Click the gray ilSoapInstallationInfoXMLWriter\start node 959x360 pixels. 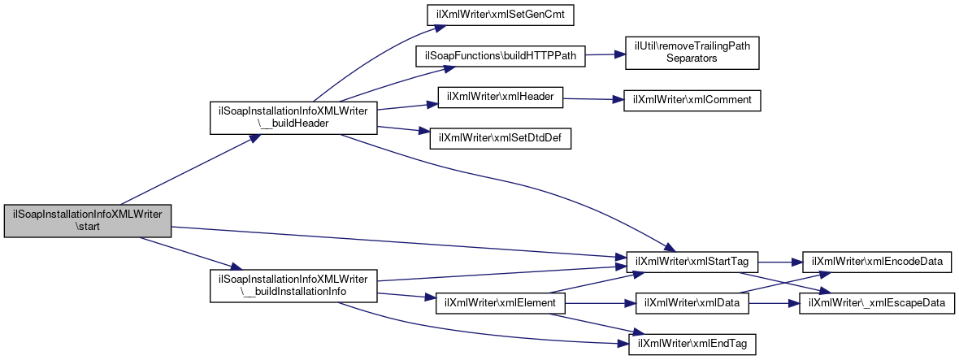coord(88,221)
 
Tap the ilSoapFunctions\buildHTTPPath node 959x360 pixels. coord(500,55)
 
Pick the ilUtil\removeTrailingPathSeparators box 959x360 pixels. coord(692,53)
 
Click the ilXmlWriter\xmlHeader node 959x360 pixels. coord(500,98)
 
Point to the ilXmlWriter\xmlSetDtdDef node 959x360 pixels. coord(501,139)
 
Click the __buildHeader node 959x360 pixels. coord(293,118)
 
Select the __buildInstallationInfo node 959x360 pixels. coord(293,285)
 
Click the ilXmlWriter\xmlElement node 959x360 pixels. coord(501,304)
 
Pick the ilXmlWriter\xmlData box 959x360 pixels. coord(692,304)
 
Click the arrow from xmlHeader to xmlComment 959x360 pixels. coord(592,98)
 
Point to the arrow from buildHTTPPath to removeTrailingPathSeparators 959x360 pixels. coord(605,55)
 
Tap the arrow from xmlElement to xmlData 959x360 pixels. coord(601,304)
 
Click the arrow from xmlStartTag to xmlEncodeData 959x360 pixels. coord(780,262)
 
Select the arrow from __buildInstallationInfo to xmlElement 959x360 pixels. coord(406,297)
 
